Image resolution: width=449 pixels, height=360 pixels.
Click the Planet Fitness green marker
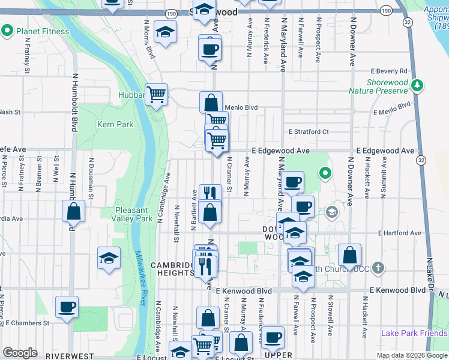(x=8, y=31)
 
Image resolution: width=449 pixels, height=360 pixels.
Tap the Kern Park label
(x=115, y=124)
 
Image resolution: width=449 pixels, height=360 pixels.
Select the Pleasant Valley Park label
(x=135, y=214)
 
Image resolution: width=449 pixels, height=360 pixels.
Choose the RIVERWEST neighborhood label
(x=70, y=356)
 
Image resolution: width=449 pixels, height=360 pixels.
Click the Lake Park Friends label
(x=414, y=333)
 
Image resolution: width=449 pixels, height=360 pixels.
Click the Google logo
(x=20, y=353)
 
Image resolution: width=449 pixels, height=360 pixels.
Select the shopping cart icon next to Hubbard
(x=157, y=94)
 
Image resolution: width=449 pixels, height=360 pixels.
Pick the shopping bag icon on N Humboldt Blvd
(x=73, y=211)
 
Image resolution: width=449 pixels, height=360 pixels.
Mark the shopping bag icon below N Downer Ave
(x=349, y=254)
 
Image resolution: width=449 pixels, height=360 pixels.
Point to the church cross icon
(x=378, y=267)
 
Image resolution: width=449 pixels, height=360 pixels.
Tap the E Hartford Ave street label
(x=399, y=233)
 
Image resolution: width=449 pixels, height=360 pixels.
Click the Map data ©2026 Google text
(x=412, y=355)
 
